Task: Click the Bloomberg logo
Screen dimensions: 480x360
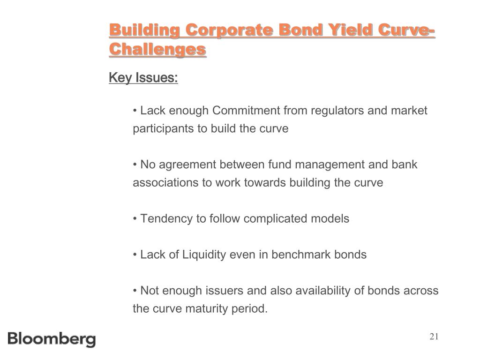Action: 52,339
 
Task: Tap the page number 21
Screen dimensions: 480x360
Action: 434,337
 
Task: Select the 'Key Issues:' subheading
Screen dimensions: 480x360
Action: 143,77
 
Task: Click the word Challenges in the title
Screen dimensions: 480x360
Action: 157,49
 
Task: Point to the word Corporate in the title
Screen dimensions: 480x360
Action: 229,30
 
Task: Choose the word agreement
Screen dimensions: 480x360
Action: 187,165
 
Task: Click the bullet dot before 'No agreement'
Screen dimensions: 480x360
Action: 135,165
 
